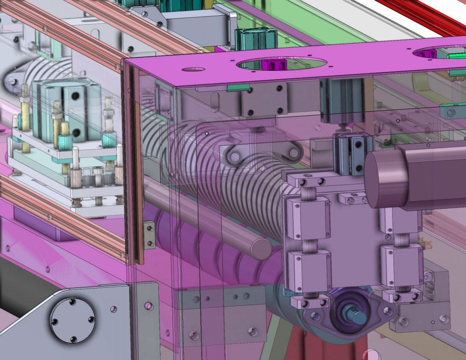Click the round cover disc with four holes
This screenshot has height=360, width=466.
pos(72,320)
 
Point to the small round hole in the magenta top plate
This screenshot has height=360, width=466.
pos(193,70)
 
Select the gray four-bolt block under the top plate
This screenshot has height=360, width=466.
pos(264,99)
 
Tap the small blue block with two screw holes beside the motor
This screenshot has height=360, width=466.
pos(353,155)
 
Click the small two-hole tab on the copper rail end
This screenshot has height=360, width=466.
pos(149,235)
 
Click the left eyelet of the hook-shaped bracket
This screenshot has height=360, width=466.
pos(235,157)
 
